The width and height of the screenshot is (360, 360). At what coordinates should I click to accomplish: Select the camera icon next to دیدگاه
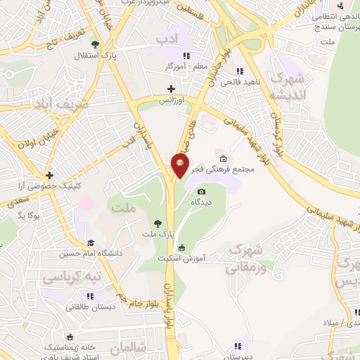(x=202, y=191)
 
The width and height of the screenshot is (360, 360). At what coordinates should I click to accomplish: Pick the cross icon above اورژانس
(x=171, y=89)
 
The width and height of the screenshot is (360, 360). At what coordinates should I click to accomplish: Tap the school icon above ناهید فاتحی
(x=240, y=71)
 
